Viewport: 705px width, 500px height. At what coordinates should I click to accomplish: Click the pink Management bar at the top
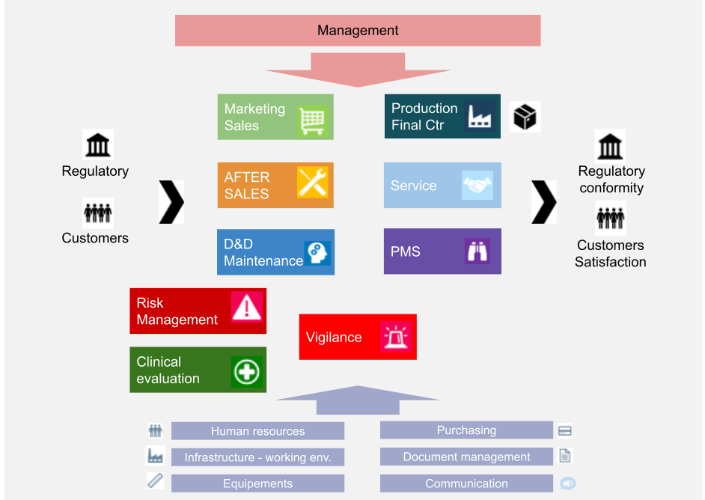click(358, 31)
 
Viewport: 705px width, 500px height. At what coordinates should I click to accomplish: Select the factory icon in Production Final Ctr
click(479, 116)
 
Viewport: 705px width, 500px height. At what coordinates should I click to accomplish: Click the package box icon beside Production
click(525, 117)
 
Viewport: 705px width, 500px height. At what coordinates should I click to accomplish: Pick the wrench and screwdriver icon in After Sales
click(312, 182)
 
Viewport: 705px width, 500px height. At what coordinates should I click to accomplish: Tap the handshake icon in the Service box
click(477, 185)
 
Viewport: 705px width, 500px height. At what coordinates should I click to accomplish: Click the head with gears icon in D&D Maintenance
click(317, 253)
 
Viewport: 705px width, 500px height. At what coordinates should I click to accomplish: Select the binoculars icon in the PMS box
click(477, 251)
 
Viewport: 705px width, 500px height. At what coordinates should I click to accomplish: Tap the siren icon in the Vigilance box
click(394, 338)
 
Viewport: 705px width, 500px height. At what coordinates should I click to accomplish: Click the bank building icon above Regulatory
click(97, 144)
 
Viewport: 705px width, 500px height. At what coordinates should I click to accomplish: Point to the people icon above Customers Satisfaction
click(610, 219)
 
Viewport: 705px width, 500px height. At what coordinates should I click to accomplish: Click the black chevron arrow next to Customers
click(171, 202)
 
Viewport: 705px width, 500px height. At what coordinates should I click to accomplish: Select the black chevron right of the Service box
click(544, 202)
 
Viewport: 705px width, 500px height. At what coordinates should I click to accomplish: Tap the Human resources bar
click(257, 431)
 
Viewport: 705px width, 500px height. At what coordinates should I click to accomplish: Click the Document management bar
click(466, 457)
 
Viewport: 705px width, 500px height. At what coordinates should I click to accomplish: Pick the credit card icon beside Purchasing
click(565, 430)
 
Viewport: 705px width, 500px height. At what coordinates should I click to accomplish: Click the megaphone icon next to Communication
click(567, 484)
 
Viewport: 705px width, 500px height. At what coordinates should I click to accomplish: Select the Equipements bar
click(257, 484)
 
